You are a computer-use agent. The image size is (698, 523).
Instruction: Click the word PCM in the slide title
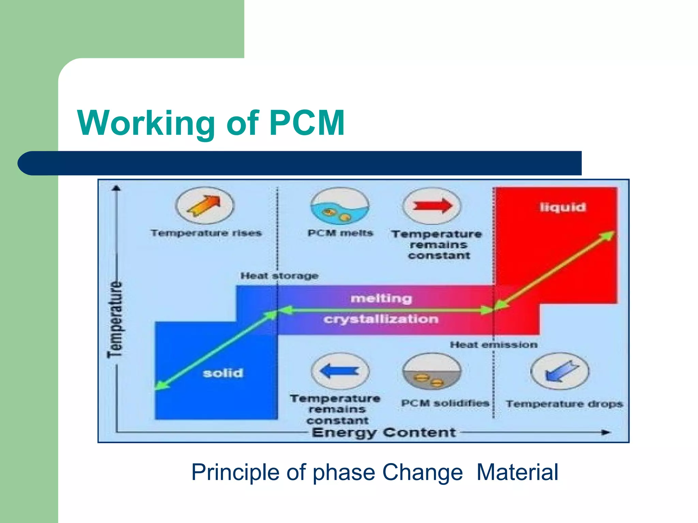point(307,123)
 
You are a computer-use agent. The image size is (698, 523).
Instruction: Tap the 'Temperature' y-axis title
point(115,319)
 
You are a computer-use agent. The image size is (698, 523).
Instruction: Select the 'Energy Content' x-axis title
point(384,432)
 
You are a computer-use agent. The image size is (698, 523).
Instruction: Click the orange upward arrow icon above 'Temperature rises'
point(204,206)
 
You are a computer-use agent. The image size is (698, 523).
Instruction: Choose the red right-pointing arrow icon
point(432,206)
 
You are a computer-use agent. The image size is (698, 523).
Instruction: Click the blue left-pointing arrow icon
point(340,371)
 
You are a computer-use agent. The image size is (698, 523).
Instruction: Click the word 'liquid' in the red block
point(563,207)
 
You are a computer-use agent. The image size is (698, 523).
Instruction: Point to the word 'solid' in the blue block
point(223,373)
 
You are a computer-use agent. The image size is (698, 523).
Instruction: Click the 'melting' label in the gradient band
point(381,299)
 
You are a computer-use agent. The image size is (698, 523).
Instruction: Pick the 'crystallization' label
point(381,319)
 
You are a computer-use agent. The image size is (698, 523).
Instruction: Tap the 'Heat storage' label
point(279,276)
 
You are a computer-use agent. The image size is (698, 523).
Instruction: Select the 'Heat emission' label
point(494,345)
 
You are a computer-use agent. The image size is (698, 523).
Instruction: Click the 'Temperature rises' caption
point(206,233)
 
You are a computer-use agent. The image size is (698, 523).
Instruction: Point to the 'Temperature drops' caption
point(564,404)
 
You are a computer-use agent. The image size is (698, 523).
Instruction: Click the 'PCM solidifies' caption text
point(445,403)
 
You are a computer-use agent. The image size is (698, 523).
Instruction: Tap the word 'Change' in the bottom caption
point(422,472)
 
